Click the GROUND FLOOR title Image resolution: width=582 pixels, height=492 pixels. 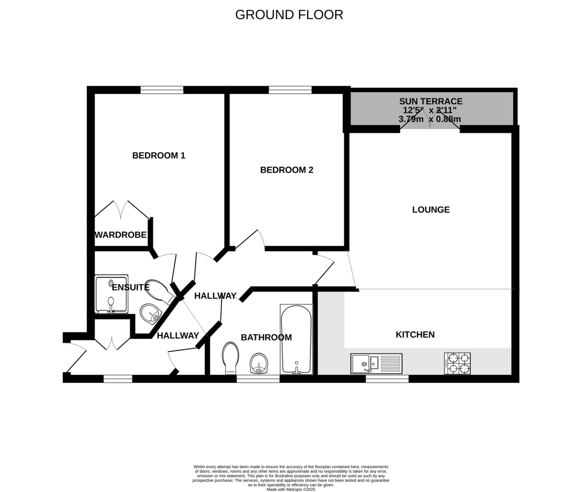coord(289,15)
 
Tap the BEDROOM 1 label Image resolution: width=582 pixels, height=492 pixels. coord(159,156)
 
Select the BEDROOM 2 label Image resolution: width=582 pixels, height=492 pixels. coord(287,170)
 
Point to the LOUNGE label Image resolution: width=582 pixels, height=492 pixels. coord(431,210)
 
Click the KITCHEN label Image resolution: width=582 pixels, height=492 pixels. coord(415,334)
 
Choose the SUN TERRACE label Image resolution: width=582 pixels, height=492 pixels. coord(431,101)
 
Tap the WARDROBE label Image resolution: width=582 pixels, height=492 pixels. coord(120,235)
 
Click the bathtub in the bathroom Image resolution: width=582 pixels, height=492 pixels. coord(296,338)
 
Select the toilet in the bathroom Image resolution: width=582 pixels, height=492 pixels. coord(231,358)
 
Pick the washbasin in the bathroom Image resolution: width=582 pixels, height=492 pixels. coord(259,363)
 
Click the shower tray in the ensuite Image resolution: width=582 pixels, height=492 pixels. coord(112,294)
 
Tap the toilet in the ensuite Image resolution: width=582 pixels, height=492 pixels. coord(160,290)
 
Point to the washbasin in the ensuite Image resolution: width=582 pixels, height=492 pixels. coord(150,313)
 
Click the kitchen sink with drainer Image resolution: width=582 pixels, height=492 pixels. coord(376,364)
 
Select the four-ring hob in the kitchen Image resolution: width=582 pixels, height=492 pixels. coord(457,364)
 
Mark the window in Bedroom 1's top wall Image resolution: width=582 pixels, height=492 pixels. coord(162,90)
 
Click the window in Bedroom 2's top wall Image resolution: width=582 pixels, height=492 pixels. coord(290,90)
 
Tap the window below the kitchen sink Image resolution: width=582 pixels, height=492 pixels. coord(387,379)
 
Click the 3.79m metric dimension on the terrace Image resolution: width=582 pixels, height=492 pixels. coord(411,119)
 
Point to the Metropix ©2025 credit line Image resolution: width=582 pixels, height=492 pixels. coord(291,490)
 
